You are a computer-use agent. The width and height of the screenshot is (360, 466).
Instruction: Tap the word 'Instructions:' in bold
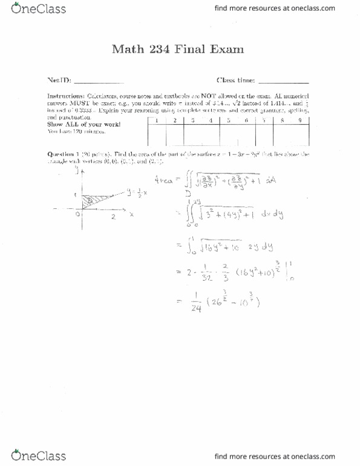(x=65, y=97)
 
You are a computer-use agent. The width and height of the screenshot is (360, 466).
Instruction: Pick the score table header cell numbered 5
(x=229, y=121)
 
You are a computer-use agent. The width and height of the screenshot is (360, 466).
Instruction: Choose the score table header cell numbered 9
(x=300, y=121)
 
